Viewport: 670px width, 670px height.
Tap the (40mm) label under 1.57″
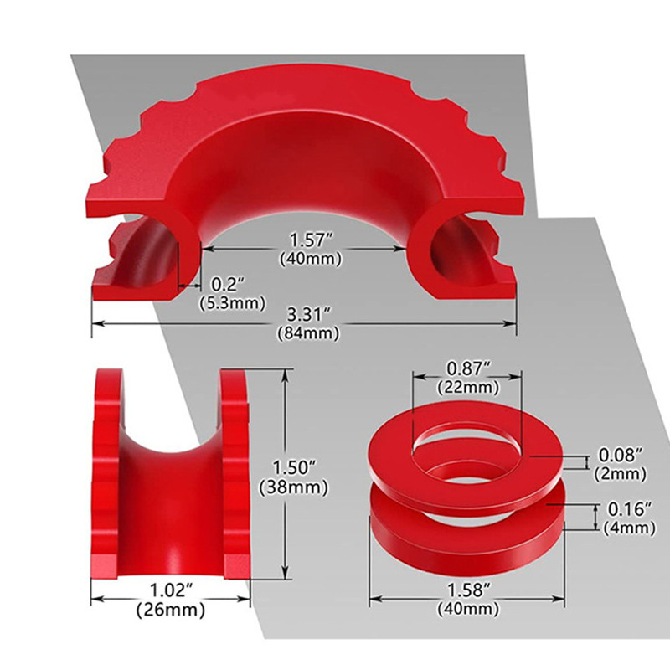pyautogui.click(x=311, y=259)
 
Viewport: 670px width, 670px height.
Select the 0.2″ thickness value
pyautogui.click(x=228, y=284)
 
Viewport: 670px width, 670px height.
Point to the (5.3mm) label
pyautogui.click(x=233, y=303)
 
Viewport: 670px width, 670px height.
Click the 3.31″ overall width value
pyautogui.click(x=308, y=316)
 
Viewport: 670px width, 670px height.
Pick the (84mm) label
pyautogui.click(x=308, y=333)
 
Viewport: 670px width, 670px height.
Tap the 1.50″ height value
pyautogui.click(x=294, y=467)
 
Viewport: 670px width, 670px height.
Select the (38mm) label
pyautogui.click(x=294, y=487)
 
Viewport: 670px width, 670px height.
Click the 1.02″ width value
pyautogui.click(x=171, y=590)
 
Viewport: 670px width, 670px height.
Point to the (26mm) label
pyautogui.click(x=171, y=610)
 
